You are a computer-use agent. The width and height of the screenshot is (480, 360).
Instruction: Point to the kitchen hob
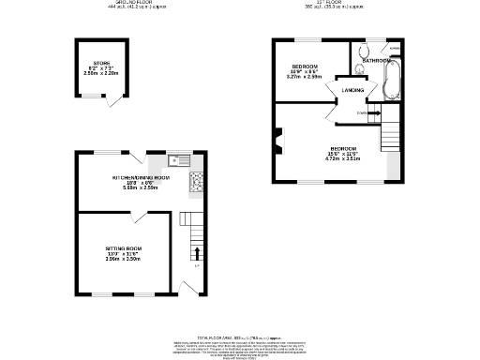coord(196,180)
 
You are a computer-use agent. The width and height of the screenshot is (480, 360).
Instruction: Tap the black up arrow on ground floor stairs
coord(196,252)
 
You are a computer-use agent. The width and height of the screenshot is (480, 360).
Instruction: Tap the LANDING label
coord(352,90)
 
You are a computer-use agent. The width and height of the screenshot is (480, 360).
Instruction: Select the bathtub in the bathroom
coord(393,82)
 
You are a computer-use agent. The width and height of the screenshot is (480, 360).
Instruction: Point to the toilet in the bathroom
coord(364,51)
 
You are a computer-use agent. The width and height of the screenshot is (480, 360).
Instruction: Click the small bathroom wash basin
coord(361,67)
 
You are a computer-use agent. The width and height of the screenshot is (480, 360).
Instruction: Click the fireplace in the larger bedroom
coord(279,144)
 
